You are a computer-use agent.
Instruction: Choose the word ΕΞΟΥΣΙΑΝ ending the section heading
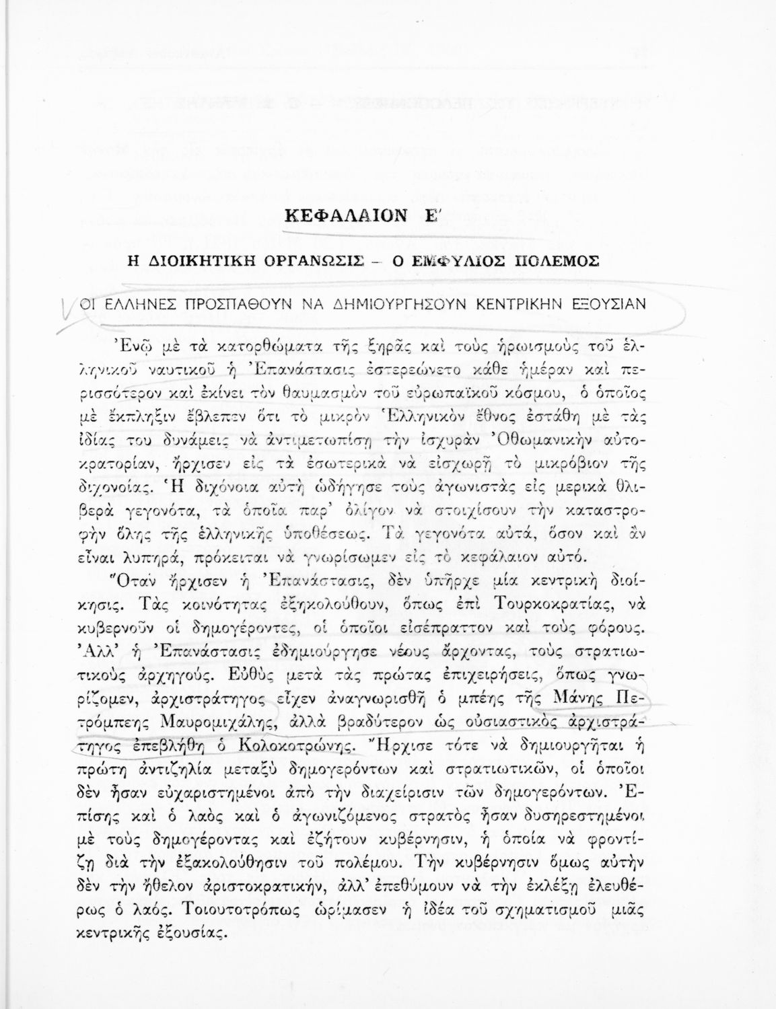(x=610, y=303)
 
